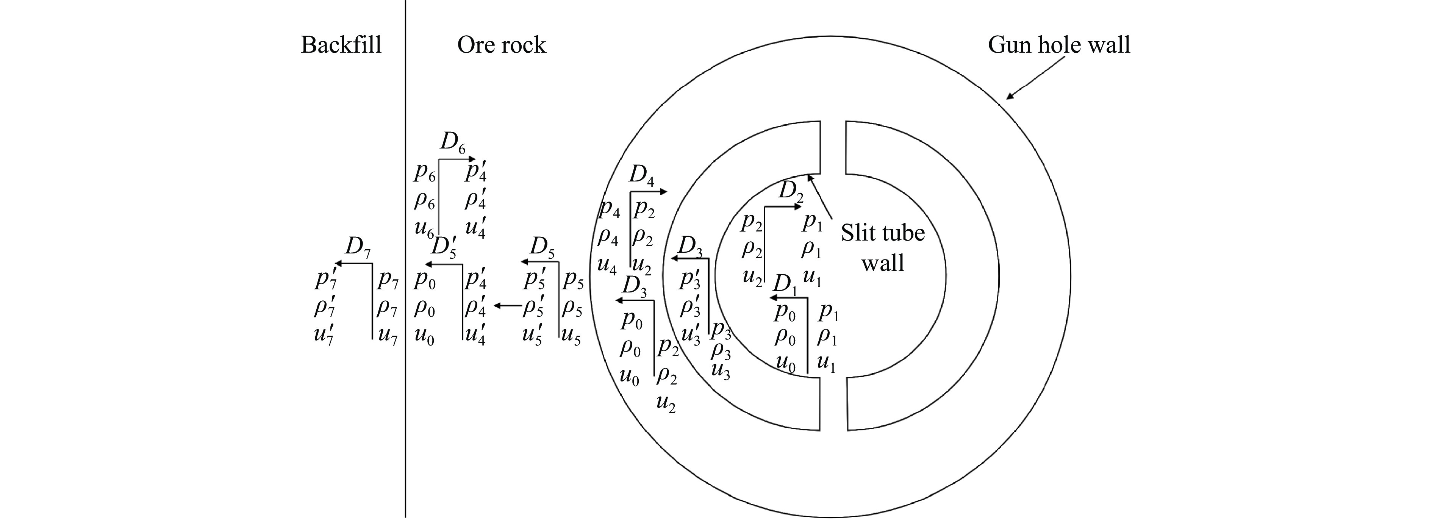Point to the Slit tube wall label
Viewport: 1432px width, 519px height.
click(883, 247)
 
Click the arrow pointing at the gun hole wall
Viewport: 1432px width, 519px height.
click(1035, 77)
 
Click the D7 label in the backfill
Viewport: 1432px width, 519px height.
click(358, 245)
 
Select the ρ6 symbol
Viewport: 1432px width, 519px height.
click(424, 201)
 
